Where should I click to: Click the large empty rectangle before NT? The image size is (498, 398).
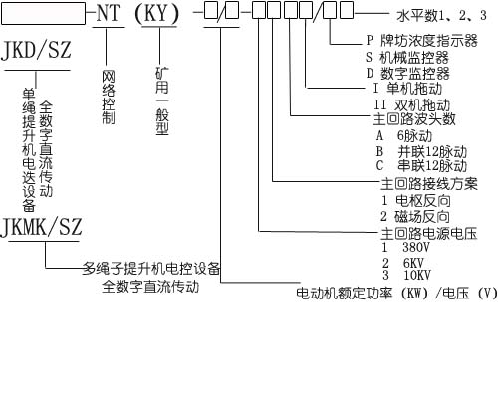click(x=43, y=14)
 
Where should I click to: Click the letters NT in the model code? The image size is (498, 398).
click(x=108, y=14)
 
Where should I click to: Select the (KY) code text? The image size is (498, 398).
click(x=156, y=14)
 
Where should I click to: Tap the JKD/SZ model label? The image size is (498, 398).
click(x=36, y=51)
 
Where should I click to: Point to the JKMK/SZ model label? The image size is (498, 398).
click(x=42, y=227)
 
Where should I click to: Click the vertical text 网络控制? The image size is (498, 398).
click(x=109, y=98)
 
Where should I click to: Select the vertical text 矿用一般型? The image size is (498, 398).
click(x=162, y=101)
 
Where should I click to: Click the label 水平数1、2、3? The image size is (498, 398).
click(x=441, y=15)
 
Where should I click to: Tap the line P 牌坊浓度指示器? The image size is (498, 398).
click(x=421, y=41)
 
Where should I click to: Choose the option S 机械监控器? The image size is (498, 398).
click(x=407, y=58)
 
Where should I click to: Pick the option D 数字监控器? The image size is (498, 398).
click(x=407, y=74)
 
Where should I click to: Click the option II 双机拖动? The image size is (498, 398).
click(x=411, y=105)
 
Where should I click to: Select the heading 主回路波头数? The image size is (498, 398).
click(x=414, y=119)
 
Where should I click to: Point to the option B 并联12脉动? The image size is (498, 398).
click(x=421, y=152)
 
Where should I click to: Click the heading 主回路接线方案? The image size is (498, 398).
click(x=429, y=184)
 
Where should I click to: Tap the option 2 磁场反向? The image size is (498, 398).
click(x=415, y=217)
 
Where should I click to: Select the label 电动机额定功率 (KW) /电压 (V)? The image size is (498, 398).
click(x=396, y=294)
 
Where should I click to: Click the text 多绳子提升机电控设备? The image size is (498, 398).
click(x=151, y=269)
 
